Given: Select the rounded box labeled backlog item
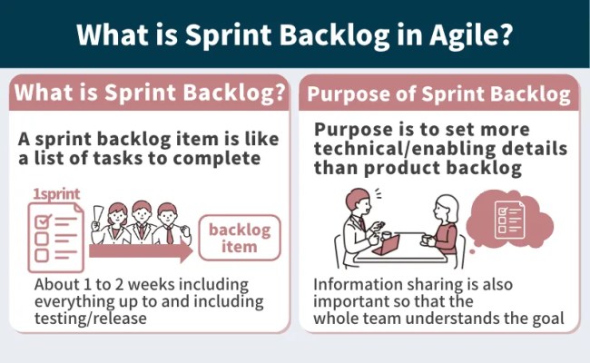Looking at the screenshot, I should [x=240, y=239].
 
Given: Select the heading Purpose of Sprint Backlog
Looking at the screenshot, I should [x=438, y=93].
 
